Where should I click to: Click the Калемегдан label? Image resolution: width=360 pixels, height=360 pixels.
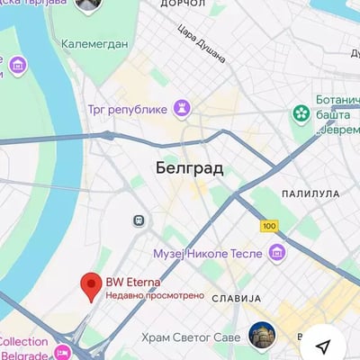coord(87,43)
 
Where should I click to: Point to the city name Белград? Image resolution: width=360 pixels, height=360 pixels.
coord(189,168)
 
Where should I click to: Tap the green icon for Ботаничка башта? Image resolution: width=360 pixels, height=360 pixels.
coord(301,114)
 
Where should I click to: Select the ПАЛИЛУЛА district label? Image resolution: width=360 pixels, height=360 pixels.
coord(310,193)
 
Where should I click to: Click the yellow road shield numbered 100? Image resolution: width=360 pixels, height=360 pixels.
coord(268,225)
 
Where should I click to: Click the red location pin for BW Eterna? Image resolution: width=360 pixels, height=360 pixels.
coord(90,285)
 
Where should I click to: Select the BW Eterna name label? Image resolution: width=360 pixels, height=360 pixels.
coord(133,282)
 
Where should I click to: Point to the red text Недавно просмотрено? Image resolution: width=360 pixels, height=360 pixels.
coord(155,295)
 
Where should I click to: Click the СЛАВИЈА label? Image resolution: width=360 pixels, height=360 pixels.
coord(236,297)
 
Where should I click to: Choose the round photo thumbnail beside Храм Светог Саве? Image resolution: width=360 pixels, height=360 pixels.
coord(262,336)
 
